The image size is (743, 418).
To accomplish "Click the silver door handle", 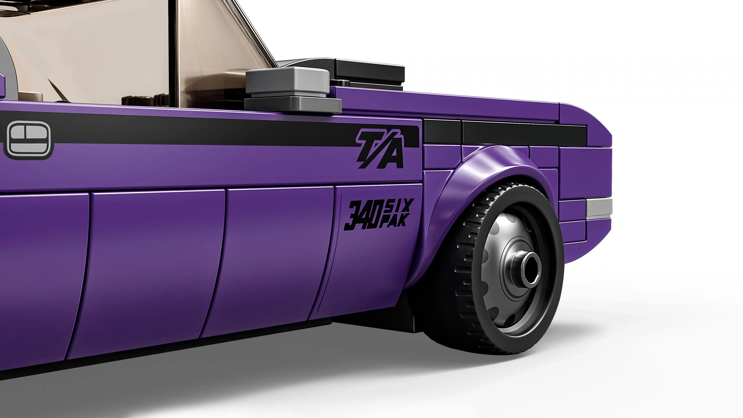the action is coord(28,140).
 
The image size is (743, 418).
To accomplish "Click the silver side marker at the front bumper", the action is coord(599,208).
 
